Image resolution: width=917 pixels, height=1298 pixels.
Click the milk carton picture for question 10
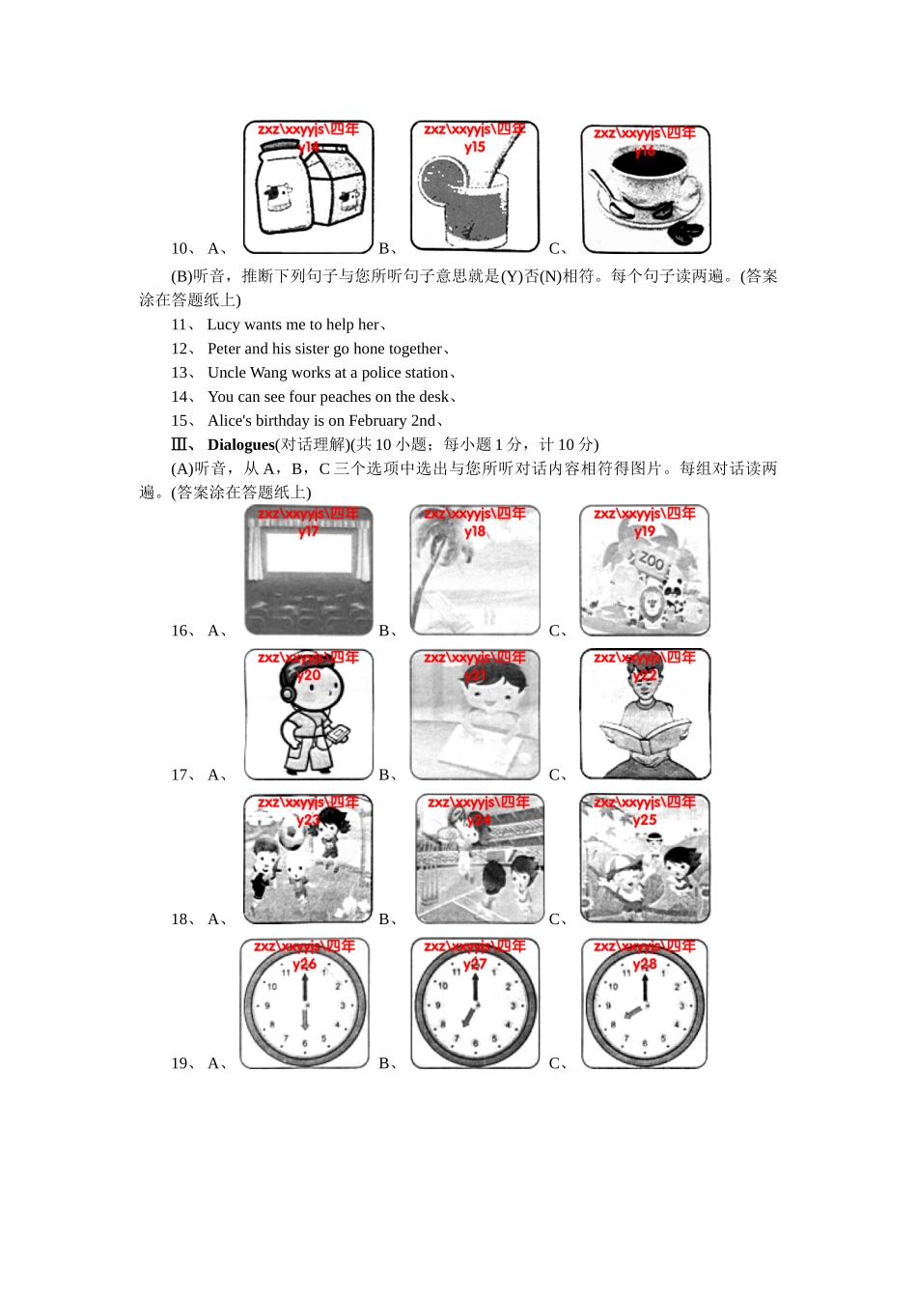[x=308, y=188]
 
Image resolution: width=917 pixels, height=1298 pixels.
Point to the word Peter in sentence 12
[x=224, y=349]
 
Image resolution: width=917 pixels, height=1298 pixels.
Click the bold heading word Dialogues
[x=240, y=445]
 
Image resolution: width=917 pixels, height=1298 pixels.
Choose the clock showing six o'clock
[x=305, y=1004]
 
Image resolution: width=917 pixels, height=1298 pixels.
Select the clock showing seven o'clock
[x=474, y=1004]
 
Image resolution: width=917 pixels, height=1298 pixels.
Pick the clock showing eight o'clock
[x=645, y=1004]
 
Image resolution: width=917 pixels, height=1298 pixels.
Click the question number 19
[x=181, y=1063]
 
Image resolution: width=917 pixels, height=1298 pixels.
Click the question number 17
[x=181, y=775]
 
